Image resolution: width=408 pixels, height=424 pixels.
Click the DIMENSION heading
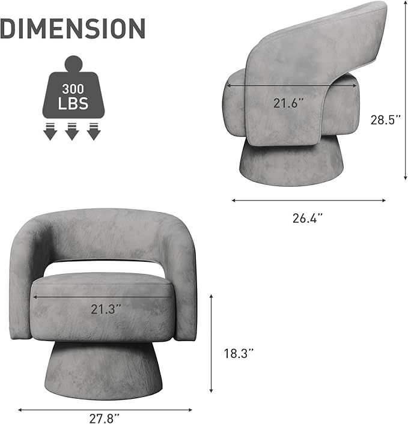click(73, 29)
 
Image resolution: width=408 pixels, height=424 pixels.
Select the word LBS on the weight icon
click(72, 104)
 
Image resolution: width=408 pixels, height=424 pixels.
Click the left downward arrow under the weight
click(50, 131)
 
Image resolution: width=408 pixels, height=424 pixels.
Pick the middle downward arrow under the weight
click(72, 131)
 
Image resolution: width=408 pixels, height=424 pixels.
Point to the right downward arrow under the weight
click(94, 131)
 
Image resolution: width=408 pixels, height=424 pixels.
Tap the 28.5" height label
click(385, 120)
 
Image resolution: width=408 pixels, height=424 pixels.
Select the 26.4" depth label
click(308, 218)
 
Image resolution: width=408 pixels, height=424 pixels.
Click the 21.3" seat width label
click(106, 309)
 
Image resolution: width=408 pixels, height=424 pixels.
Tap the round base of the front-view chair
click(102, 369)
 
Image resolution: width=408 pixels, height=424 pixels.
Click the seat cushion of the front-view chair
click(102, 312)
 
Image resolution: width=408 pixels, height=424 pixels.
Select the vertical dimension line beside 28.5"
click(405, 90)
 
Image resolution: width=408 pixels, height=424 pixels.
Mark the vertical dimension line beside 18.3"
click(212, 342)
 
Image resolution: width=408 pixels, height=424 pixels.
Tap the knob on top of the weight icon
click(72, 63)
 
